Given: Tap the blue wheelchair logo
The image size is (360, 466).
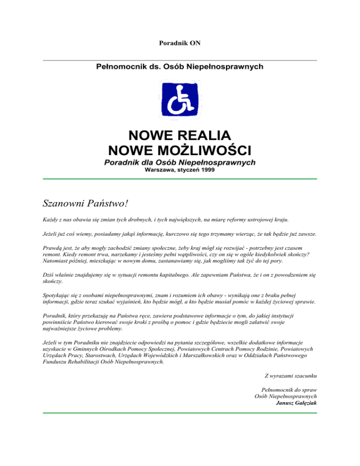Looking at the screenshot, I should pyautogui.click(x=180, y=99).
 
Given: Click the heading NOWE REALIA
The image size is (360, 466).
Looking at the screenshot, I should pyautogui.click(x=180, y=135).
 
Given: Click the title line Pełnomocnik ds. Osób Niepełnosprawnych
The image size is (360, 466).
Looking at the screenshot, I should pyautogui.click(x=180, y=67).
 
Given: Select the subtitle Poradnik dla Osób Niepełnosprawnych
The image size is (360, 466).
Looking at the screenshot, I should pyautogui.click(x=180, y=162).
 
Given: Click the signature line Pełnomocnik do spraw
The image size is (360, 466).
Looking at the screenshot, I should pyautogui.click(x=289, y=389).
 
